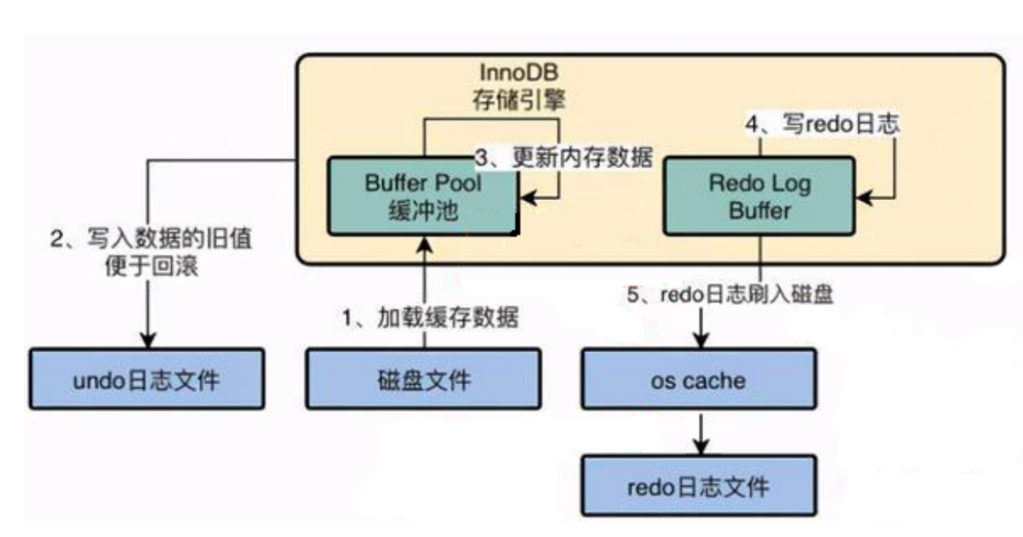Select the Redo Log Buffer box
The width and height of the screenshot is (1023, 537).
click(x=759, y=196)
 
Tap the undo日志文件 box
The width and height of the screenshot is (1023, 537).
click(x=147, y=379)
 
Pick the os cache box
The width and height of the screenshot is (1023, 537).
click(x=697, y=379)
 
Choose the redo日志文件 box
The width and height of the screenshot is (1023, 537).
click(x=697, y=486)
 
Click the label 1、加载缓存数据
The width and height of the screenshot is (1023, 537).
click(x=430, y=319)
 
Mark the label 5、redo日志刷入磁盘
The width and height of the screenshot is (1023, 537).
click(x=730, y=295)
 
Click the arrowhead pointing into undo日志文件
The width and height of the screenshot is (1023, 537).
click(x=147, y=339)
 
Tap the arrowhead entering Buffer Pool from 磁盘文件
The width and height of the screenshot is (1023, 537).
click(x=424, y=245)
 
